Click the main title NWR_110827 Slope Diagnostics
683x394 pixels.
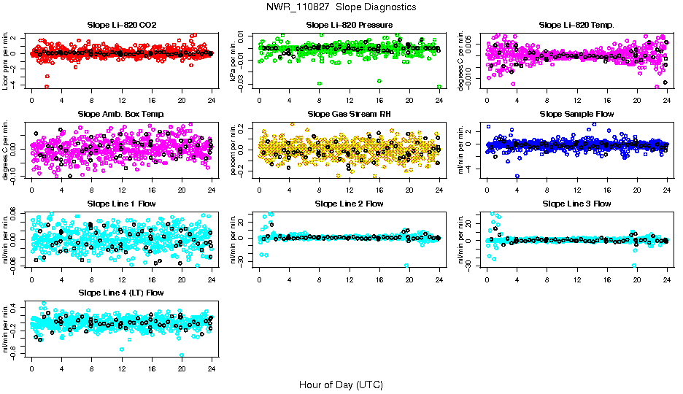[341, 7]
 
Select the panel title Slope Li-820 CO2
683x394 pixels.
[121, 26]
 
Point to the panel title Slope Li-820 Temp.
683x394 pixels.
[576, 26]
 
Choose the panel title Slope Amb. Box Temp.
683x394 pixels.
[121, 115]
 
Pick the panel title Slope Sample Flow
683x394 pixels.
[576, 115]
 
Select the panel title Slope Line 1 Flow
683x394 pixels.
[121, 204]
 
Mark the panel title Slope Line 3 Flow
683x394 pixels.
[576, 204]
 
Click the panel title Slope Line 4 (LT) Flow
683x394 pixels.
[121, 293]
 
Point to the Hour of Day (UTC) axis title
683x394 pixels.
[341, 385]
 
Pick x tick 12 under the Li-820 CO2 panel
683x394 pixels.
[121, 101]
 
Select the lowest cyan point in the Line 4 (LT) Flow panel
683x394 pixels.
[181, 355]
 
